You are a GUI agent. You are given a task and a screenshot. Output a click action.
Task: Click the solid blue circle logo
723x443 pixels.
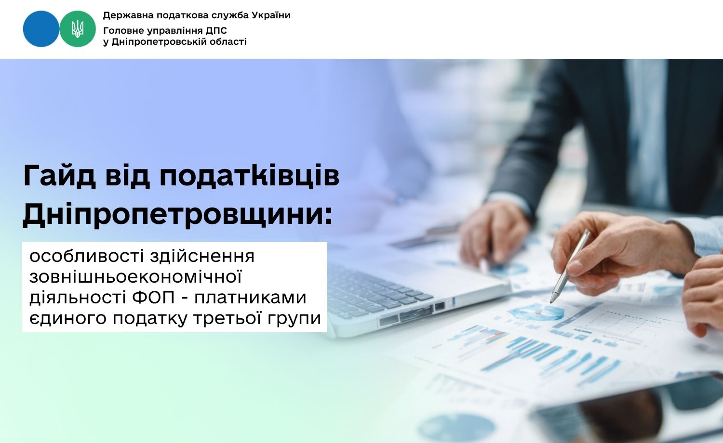pyautogui.click(x=41, y=29)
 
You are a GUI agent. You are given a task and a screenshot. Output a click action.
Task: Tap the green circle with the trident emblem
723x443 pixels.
pyautogui.click(x=78, y=29)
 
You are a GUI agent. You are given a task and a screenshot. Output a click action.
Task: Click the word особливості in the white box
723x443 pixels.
pyautogui.click(x=86, y=257)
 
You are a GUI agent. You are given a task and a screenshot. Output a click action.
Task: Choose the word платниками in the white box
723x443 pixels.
pyautogui.click(x=250, y=297)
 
